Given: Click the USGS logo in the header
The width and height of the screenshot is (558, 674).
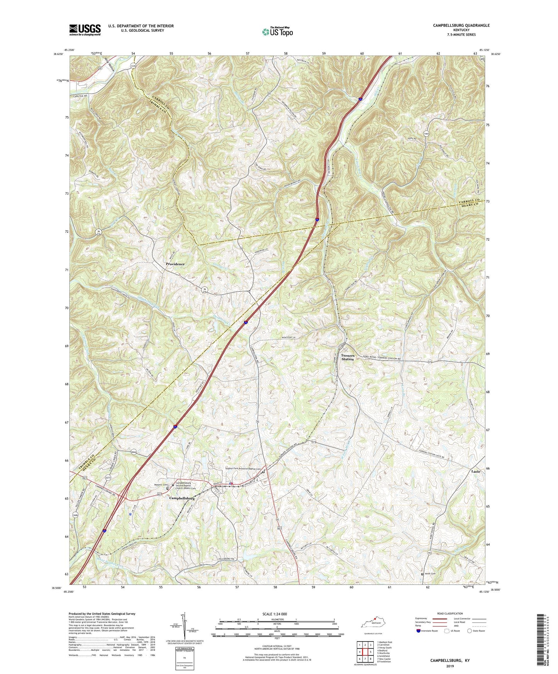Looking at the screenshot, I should point(85,30).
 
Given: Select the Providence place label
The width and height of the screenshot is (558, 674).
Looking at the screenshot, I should point(175,264).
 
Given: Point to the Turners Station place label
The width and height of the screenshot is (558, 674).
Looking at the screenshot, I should point(347,357).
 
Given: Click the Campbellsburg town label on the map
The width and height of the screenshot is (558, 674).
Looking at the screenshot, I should point(181,498).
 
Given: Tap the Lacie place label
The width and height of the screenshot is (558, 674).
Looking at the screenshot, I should point(476,471).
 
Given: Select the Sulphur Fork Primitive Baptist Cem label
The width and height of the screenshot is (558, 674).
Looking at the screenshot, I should point(244,469).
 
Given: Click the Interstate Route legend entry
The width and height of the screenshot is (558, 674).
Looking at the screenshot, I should point(428,631).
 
